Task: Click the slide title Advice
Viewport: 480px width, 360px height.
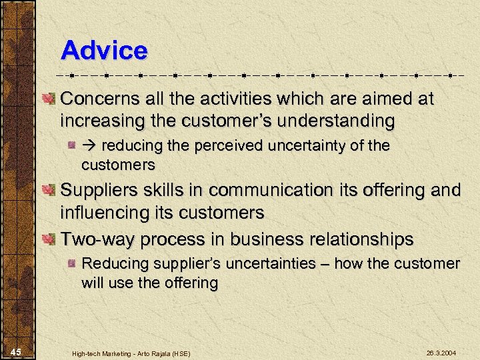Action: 103,50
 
